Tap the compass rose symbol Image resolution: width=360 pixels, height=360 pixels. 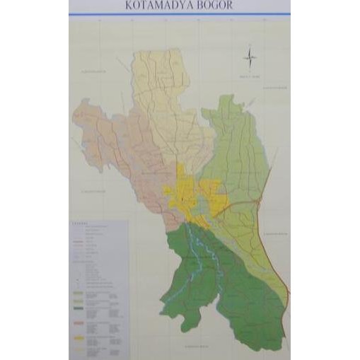(250, 59)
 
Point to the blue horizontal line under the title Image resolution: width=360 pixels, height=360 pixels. (180, 14)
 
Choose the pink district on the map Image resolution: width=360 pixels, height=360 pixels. (120, 149)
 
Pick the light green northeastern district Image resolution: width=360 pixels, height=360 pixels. (237, 149)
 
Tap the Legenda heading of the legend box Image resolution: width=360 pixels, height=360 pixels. (79, 223)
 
